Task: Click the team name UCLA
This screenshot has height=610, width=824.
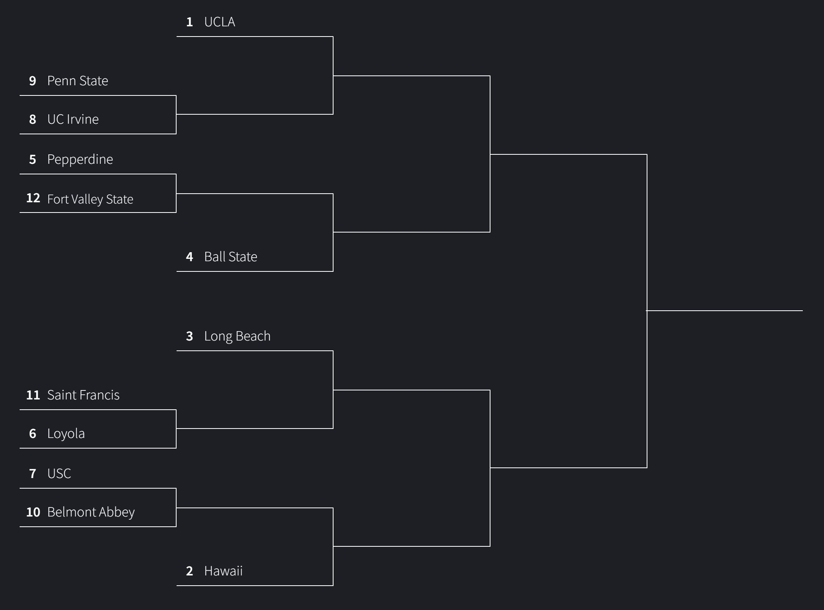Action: coord(219,22)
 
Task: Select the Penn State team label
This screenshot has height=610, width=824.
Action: coord(77,81)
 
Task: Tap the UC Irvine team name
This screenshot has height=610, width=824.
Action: coord(73,119)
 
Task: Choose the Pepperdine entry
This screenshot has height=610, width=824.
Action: coord(80,159)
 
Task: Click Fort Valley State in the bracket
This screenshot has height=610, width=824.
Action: coord(90,199)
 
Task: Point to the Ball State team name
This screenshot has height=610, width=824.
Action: coord(230,257)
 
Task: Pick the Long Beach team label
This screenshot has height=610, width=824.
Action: coord(237,336)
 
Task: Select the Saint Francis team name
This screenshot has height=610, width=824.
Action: coord(83,395)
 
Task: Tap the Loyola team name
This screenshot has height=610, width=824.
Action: coord(66,434)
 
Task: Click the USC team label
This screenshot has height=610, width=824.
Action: coord(59,474)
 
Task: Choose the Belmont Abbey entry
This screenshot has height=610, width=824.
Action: coord(91,512)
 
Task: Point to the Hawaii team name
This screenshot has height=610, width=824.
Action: coord(223,571)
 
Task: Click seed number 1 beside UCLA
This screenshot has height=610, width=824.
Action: coord(190,22)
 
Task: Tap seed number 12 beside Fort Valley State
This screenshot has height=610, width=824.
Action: coord(33,198)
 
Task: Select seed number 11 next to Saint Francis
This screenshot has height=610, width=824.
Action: coord(33,395)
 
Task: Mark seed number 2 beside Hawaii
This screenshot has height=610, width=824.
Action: coord(190,571)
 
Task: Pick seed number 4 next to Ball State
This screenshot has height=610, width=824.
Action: coord(190,257)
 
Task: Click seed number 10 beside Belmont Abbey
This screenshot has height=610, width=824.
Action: coord(33,512)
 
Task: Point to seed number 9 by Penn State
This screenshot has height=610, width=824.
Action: coord(33,81)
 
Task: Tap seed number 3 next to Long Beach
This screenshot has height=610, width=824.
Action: coord(190,336)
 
